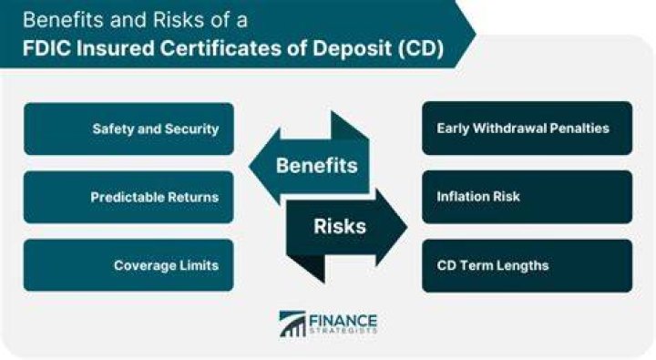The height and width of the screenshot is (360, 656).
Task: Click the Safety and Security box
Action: pos(128,129)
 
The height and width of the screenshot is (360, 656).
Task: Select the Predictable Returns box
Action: pos(128,197)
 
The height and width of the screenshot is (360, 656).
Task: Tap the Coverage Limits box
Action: pos(128,265)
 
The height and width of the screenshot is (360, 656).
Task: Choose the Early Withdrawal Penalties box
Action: pos(528,129)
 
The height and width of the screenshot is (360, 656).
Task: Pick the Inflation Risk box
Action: pos(528,197)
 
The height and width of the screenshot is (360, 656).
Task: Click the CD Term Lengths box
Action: pos(528,266)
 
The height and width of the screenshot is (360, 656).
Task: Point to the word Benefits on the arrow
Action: pos(317,165)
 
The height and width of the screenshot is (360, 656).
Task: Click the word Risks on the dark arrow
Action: pos(340,226)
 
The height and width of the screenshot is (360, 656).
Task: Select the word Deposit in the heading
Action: pos(353,49)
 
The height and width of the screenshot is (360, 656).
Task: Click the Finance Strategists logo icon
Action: pos(292,324)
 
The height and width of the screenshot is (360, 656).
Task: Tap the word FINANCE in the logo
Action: pos(343,322)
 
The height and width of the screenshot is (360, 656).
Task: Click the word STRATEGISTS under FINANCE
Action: pos(343,331)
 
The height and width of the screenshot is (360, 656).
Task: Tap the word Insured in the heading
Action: pos(116,48)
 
